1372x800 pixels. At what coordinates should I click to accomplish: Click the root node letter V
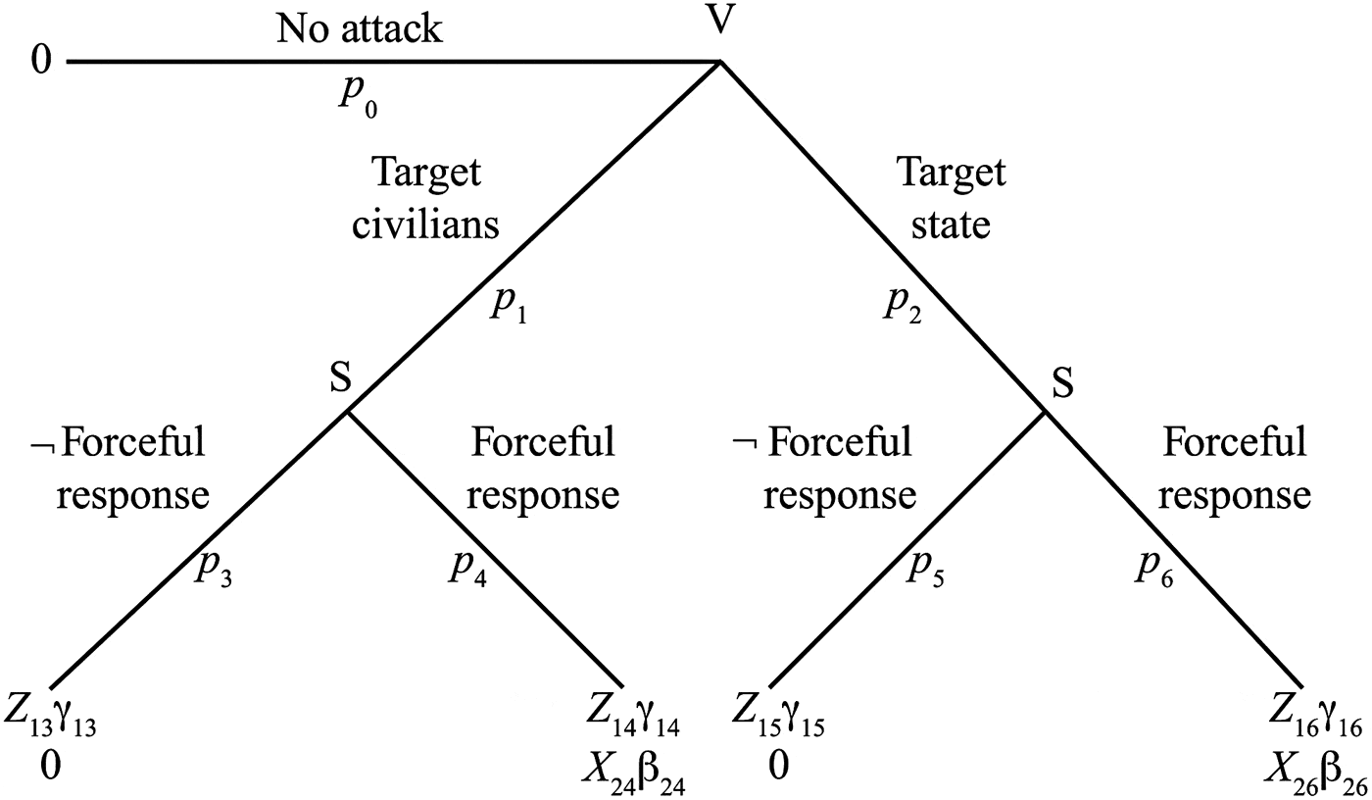pos(721,22)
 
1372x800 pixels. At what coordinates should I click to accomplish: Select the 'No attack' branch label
pos(360,29)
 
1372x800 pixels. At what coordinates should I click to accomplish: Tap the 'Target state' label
pos(951,199)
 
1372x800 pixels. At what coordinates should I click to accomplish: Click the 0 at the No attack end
pos(40,62)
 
